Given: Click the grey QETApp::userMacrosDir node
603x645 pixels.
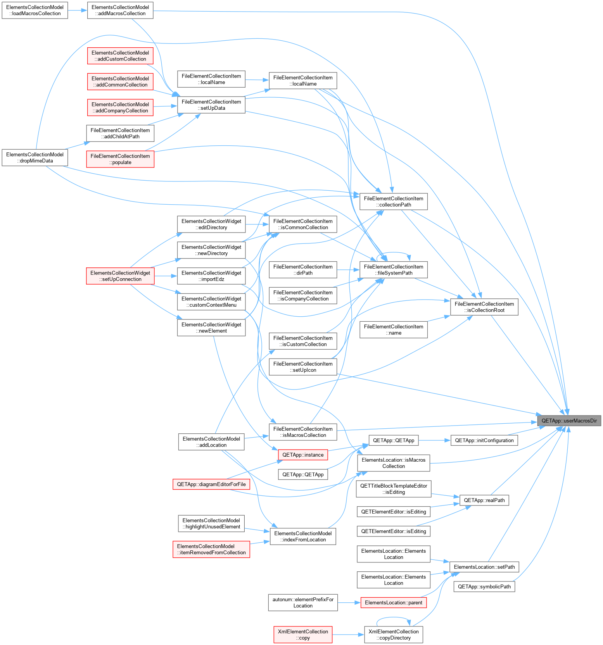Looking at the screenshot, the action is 569,421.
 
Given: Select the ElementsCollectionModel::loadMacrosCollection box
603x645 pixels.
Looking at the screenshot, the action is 35,10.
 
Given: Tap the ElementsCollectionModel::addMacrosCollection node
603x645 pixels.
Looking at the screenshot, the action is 120,10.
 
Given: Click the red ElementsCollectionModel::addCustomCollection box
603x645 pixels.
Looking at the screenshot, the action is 120,56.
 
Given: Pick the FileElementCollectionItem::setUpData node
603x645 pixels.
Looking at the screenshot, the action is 211,105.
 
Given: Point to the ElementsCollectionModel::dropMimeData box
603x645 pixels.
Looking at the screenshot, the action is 35,157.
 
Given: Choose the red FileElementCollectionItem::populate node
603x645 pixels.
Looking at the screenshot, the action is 120,159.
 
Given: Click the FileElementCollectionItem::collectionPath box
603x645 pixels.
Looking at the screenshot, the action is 394,202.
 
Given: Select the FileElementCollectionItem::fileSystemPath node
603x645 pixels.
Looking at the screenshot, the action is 394,270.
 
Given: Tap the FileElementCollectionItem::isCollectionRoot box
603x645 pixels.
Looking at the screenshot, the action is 484,307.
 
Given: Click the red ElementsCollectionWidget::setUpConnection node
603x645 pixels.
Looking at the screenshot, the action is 120,276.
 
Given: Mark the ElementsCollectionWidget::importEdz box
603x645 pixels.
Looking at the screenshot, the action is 211,276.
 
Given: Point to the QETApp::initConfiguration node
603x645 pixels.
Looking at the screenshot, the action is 484,440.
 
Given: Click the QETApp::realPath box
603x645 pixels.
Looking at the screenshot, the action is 484,500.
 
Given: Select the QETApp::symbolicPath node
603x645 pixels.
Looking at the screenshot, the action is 484,586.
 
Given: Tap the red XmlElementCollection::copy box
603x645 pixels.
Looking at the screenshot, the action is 303,635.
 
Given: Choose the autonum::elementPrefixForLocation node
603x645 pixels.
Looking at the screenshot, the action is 303,602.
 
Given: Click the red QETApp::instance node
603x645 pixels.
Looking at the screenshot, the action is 303,455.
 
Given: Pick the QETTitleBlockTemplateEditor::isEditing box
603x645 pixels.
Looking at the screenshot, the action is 394,489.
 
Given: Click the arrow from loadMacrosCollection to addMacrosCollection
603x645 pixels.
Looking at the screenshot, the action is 78,10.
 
